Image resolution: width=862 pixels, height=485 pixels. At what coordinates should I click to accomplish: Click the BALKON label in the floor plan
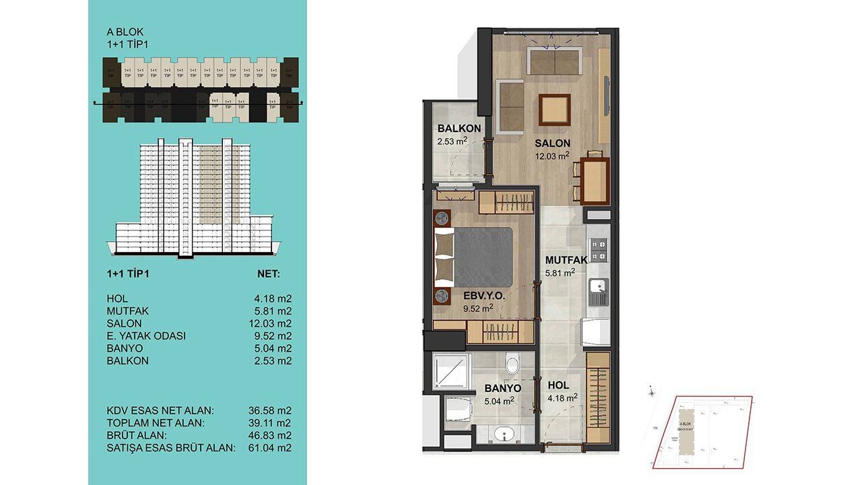pos(459,129)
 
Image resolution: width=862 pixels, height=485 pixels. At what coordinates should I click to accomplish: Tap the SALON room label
pos(552,143)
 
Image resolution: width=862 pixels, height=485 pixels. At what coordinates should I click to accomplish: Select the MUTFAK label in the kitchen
pos(566,259)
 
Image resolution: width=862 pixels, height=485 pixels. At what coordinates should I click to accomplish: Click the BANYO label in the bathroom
pos(502,389)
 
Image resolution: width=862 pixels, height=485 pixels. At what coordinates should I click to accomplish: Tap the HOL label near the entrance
pos(559,385)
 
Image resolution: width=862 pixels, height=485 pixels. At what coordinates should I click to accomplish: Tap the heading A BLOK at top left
pos(125,32)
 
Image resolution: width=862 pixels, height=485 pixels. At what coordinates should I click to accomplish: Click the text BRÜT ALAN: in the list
pos(135,435)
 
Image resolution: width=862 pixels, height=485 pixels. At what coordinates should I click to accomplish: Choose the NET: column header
pos(269,274)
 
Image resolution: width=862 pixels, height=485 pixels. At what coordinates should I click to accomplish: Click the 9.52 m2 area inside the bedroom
pos(479,309)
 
